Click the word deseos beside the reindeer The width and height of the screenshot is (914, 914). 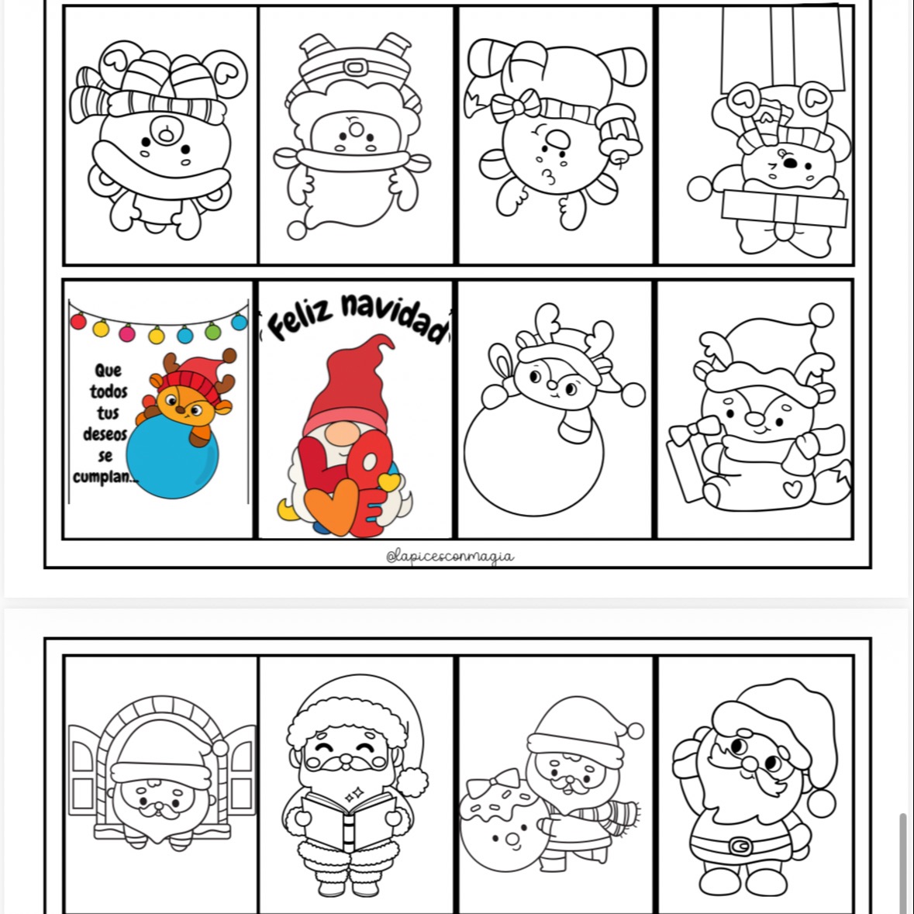(105, 434)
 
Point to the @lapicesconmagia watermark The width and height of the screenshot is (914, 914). (450, 557)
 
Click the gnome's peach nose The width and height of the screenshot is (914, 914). (342, 433)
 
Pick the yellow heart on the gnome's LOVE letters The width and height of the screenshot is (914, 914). (389, 481)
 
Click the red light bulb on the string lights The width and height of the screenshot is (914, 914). (78, 321)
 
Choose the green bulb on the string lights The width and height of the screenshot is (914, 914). (212, 331)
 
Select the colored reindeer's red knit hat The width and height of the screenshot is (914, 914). (195, 379)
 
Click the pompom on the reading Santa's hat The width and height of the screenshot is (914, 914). (412, 782)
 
